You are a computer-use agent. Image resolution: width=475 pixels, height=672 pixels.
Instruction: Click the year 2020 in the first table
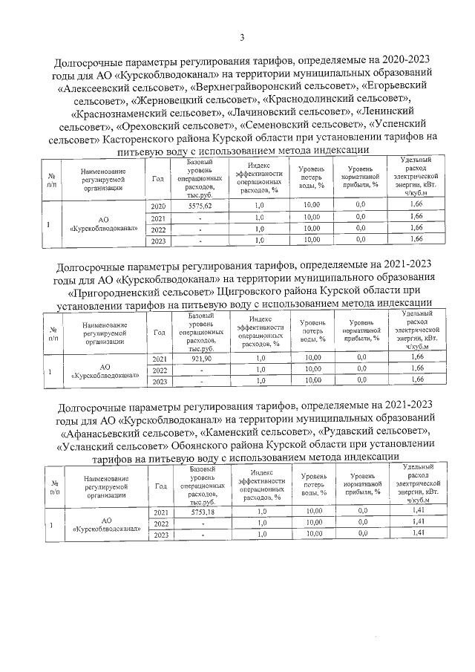(158, 205)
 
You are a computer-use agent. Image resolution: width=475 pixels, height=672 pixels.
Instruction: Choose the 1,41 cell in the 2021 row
(417, 512)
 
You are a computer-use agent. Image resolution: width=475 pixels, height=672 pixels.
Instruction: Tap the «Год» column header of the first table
(157, 179)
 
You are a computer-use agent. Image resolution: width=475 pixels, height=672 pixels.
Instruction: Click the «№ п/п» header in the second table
(54, 333)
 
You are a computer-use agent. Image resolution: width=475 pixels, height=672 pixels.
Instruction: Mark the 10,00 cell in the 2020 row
(312, 205)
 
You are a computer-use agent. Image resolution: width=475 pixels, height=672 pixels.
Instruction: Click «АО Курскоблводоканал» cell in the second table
(105, 371)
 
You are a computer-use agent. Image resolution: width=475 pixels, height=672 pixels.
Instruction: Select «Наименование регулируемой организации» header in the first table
(103, 179)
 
